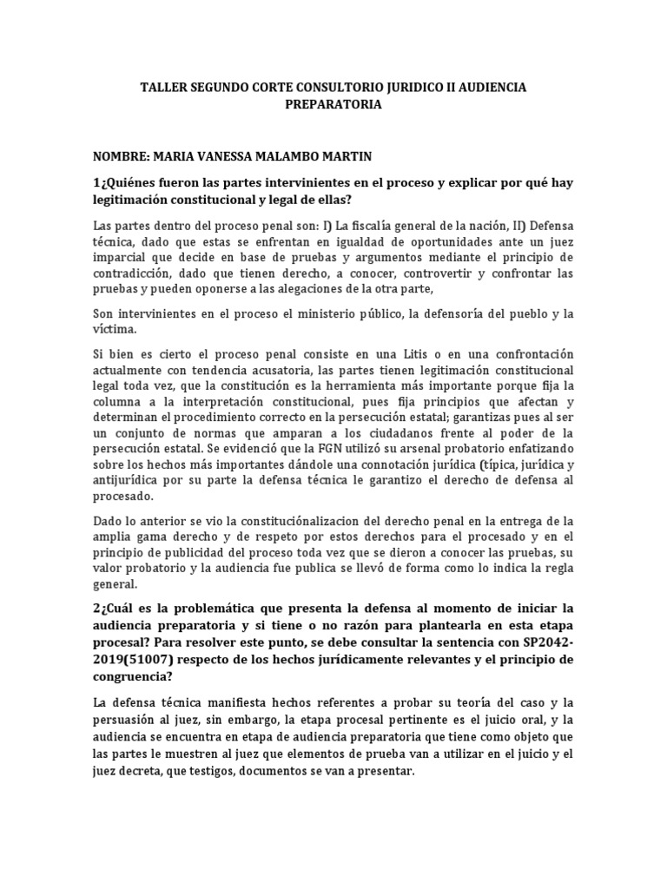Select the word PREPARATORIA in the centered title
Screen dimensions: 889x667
coord(333,104)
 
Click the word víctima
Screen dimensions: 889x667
coord(113,330)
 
